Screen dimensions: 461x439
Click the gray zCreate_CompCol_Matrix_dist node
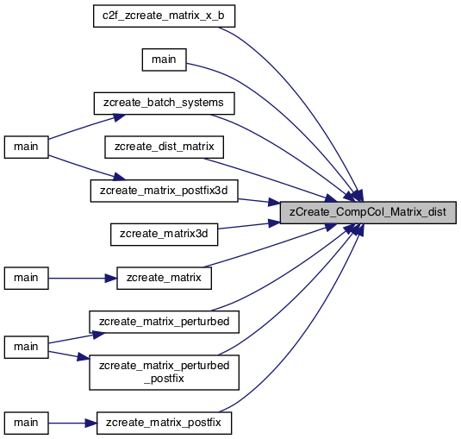tap(368, 212)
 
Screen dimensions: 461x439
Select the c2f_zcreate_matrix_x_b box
tap(164, 16)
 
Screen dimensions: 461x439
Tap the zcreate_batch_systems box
tap(164, 103)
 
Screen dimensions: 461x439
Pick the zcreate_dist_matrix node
tap(164, 147)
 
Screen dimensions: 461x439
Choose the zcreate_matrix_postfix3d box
tap(164, 191)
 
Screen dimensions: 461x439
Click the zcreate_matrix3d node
tap(164, 235)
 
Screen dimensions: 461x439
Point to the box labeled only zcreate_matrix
tap(164, 278)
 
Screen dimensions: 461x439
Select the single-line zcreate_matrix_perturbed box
tap(164, 322)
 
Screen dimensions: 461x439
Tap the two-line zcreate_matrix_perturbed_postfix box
tap(164, 373)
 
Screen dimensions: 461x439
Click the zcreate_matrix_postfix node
tap(164, 423)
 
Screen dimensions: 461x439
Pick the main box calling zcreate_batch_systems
tap(26, 147)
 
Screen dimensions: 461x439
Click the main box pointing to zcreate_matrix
tap(26, 278)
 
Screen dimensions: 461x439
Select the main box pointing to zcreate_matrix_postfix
tap(26, 423)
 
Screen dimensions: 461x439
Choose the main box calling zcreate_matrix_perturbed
tap(26, 347)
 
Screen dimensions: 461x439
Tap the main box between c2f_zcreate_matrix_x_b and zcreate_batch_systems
tap(164, 60)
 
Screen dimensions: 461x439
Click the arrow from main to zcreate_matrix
tap(83, 278)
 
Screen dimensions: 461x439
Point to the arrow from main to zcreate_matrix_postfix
tap(72, 423)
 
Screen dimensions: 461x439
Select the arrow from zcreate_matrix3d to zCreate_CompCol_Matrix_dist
tap(249, 226)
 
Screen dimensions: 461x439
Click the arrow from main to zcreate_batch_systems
tap(87, 127)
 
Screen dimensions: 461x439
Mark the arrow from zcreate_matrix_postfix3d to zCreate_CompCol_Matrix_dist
tap(259, 201)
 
